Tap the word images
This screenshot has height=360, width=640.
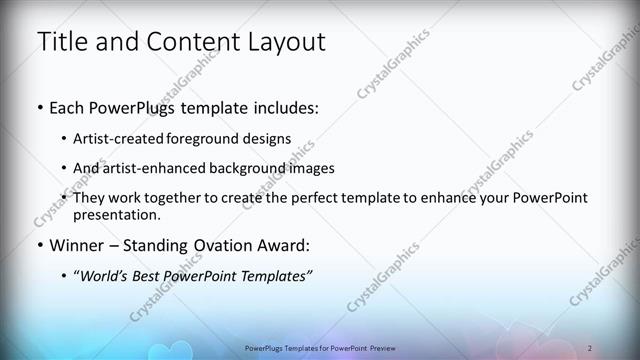pyautogui.click(x=310, y=169)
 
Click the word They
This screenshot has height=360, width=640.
pyautogui.click(x=89, y=199)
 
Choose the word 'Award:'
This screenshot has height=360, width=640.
pyautogui.click(x=281, y=245)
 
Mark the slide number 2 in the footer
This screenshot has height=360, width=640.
pyautogui.click(x=590, y=347)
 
